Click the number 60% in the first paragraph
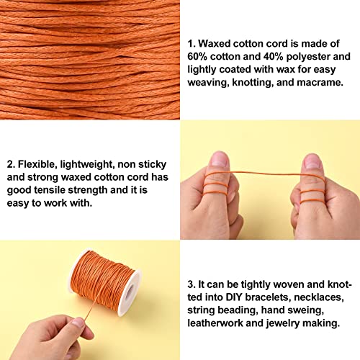pos(197,57)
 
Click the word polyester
pos(308,57)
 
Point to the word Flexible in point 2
pos(37,164)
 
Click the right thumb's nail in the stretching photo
pos(312,161)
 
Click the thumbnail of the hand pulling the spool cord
pos(78,322)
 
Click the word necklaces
pos(319,297)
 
